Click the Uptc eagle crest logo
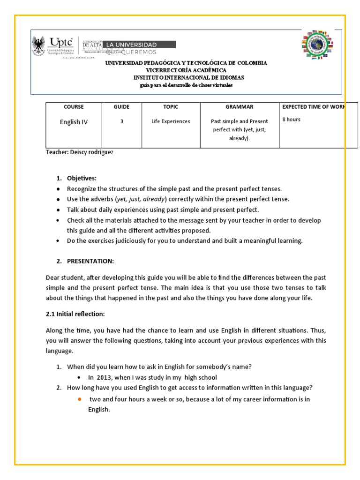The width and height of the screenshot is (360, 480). (x=39, y=47)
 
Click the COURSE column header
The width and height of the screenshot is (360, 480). (x=74, y=107)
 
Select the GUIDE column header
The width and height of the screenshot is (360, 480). (x=121, y=107)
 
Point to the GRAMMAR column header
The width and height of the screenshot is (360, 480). (x=239, y=107)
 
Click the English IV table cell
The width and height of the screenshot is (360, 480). (x=74, y=122)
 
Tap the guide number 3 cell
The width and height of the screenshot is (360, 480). (x=122, y=121)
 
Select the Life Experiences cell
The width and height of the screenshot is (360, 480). (x=171, y=121)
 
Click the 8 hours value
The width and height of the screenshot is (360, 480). (x=291, y=120)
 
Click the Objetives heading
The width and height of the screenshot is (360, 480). (x=82, y=179)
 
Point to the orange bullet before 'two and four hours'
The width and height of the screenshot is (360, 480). (x=80, y=399)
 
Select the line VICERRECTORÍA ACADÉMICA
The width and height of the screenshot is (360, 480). (x=186, y=70)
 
